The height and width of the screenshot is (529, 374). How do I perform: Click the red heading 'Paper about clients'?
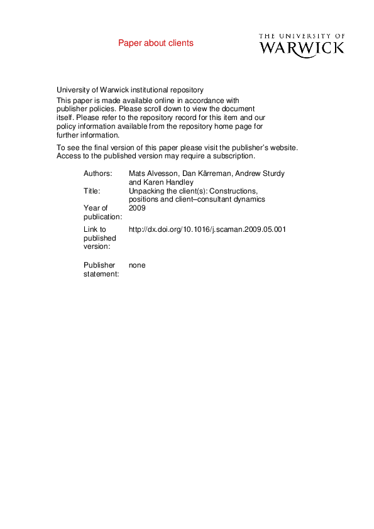tap(156, 43)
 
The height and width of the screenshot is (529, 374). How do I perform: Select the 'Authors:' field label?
tap(97, 173)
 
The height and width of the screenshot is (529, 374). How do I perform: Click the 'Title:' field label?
tap(92, 190)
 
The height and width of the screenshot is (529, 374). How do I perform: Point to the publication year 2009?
tap(136, 208)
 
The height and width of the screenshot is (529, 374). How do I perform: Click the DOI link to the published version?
tap(207, 230)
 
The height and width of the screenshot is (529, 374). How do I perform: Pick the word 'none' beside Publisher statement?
tap(136, 266)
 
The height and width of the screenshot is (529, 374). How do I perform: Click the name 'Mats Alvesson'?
tap(151, 173)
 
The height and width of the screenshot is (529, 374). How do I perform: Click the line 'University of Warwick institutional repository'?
tap(130, 90)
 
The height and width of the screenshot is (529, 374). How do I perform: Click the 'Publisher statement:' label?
tap(101, 270)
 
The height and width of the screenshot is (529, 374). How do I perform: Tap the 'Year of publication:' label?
tap(102, 212)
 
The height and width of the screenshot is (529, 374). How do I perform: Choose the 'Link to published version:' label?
tap(100, 239)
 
